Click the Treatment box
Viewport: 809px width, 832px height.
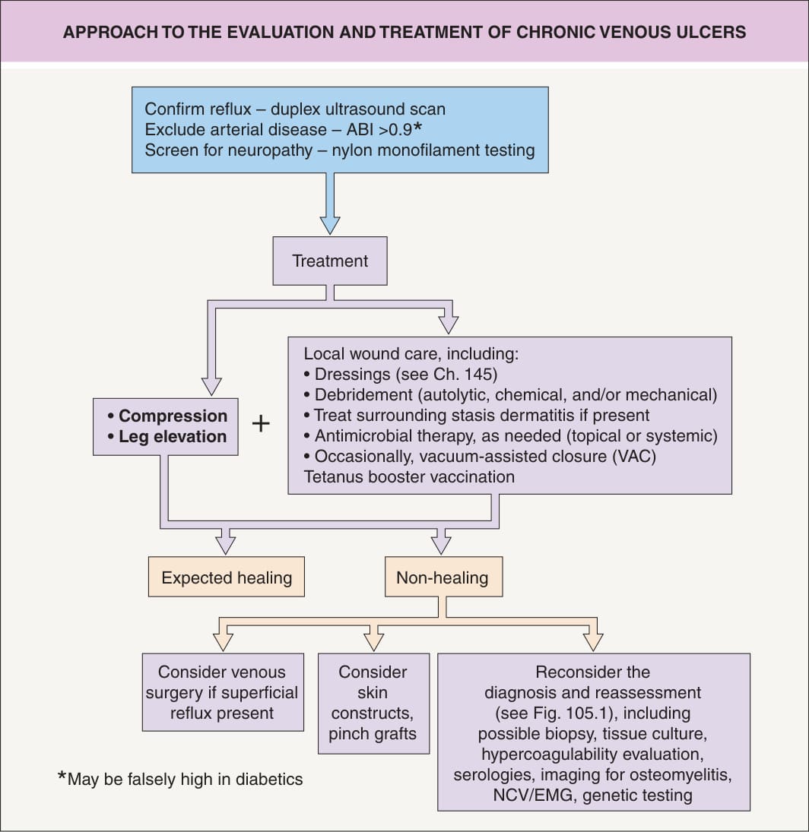(330, 261)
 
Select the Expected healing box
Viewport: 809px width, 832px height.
(226, 577)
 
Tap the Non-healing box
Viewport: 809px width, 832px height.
(443, 577)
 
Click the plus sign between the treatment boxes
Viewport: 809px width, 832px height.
(261, 423)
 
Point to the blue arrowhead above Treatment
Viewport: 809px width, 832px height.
(330, 225)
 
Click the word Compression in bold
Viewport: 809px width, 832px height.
(173, 416)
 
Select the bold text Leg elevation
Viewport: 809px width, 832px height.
(173, 436)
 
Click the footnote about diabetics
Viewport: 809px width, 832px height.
(180, 778)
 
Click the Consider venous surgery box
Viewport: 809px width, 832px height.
(223, 692)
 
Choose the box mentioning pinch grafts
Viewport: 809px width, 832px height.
(374, 703)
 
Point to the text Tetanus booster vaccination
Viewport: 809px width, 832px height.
(409, 476)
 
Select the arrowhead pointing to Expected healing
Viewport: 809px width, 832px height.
(226, 545)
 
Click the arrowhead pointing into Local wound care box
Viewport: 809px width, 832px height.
(449, 324)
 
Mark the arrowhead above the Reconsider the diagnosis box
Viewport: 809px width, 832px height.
(593, 641)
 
